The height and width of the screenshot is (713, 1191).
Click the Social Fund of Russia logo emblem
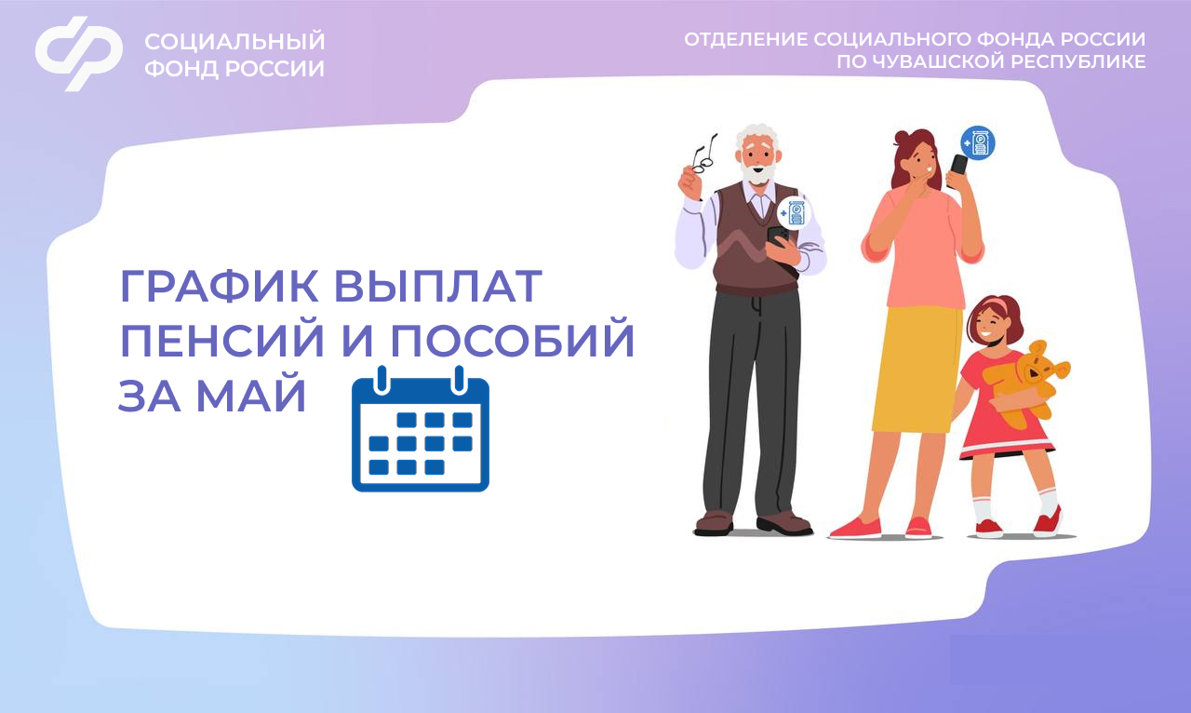79,53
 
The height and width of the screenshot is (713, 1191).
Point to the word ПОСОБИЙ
511,343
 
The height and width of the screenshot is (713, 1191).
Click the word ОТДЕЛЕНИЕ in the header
744,39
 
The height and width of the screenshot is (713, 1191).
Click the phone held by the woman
958,166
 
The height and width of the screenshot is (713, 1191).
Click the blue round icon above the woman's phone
977,142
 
